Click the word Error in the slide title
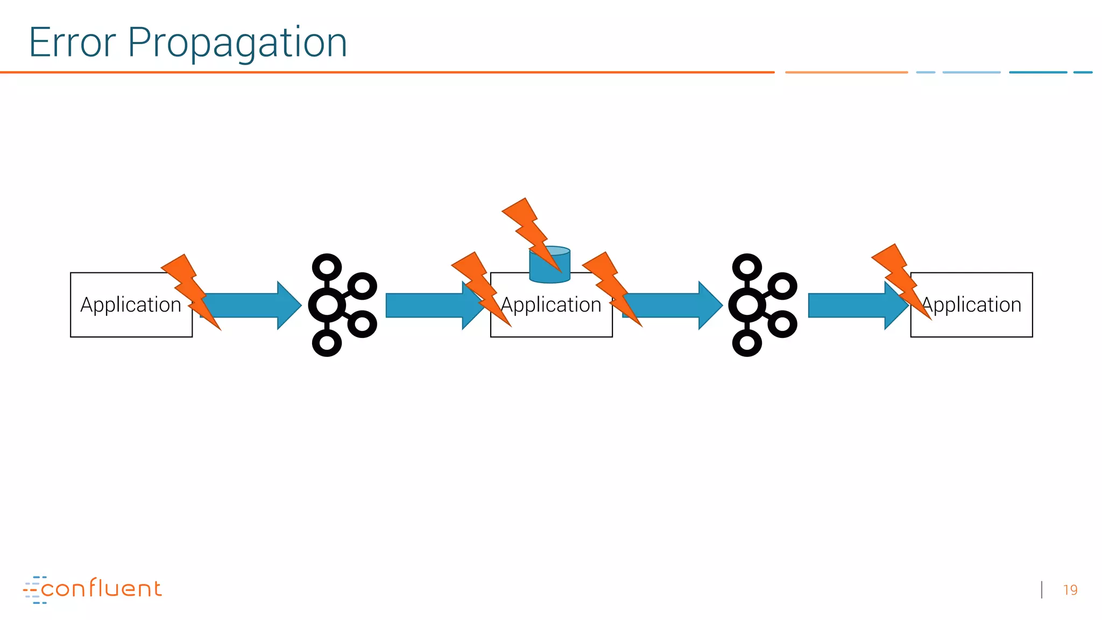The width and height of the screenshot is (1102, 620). coord(72,43)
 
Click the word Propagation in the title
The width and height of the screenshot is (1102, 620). coord(237,44)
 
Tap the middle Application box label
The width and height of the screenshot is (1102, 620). coord(551,305)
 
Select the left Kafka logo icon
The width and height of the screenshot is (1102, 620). coord(341,305)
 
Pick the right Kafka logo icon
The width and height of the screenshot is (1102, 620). coord(761,305)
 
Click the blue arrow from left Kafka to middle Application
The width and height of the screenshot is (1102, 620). coord(425,305)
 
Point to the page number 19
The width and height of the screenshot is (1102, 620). coord(1070,590)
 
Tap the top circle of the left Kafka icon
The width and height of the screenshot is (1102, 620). coord(327,267)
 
